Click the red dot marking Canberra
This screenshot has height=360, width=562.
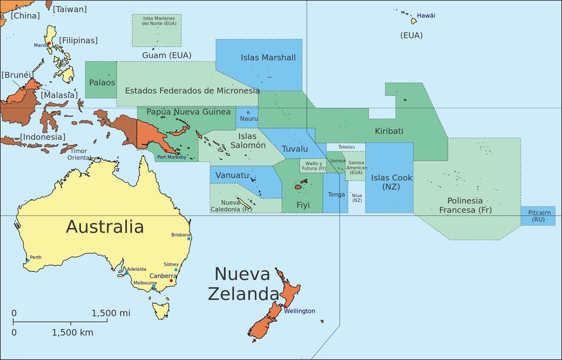pos(171,281)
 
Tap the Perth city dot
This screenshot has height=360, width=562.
pos(28,261)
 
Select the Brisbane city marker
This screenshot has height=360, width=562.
pos(189,239)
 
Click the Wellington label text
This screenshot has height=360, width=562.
pos(299,311)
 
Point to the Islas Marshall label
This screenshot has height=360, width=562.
pos(268,57)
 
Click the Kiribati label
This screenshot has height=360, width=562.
pos(389,131)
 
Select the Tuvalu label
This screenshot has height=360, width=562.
pos(294,149)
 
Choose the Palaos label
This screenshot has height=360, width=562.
pos(102,82)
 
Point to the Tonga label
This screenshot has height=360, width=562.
pos(336,194)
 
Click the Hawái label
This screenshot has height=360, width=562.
pos(426,16)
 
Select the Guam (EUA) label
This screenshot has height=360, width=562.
pos(167,55)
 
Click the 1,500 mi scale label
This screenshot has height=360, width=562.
pos(111,313)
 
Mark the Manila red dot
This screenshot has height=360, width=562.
pos(49,43)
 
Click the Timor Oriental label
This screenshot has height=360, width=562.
pos(79,154)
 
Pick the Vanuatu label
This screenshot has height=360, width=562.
pos(232,175)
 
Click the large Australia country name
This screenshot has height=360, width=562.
pos(105,226)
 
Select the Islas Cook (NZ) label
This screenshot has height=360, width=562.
pos(392,181)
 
